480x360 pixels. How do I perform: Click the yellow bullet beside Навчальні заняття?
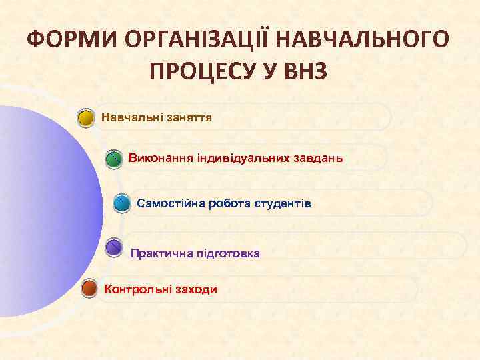(x=85, y=119)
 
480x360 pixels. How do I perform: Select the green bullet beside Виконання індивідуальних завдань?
(x=115, y=160)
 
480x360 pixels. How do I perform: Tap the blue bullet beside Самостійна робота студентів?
(x=121, y=203)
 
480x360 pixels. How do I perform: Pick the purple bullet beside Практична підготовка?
(x=115, y=248)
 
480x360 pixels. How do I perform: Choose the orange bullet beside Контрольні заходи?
(x=88, y=289)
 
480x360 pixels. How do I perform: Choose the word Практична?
(x=157, y=253)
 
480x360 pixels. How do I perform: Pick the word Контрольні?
(x=135, y=289)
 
